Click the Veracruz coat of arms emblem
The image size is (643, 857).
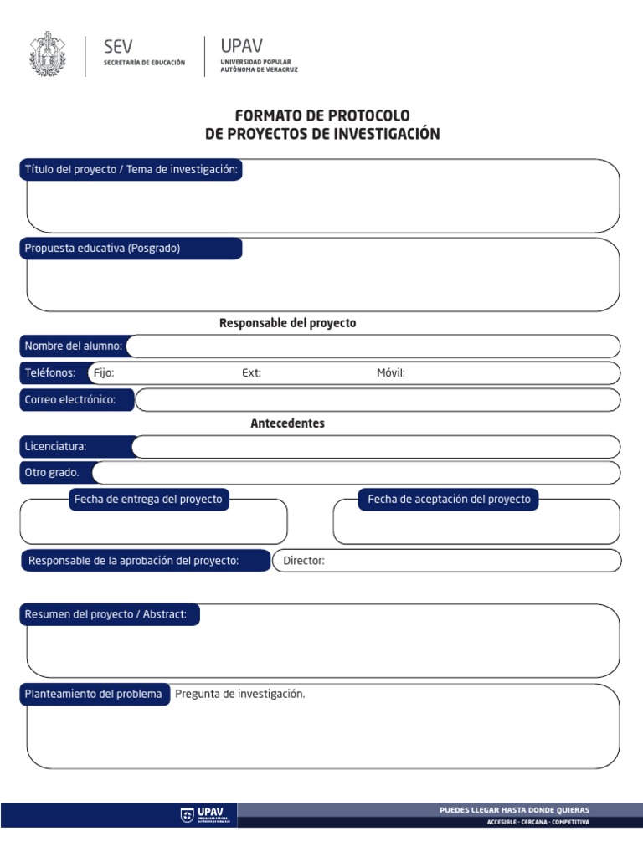coord(46,54)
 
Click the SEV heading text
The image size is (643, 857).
coord(117,47)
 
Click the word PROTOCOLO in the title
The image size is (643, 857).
coord(364,115)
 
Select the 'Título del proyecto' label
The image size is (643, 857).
coord(131,170)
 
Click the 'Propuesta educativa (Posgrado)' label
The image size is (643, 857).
coord(103,249)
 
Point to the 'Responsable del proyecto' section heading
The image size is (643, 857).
coord(287,323)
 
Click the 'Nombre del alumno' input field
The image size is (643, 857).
coord(373,346)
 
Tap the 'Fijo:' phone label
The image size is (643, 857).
coord(105,373)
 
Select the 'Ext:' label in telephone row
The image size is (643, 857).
coord(251,373)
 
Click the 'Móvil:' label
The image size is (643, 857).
coord(391,373)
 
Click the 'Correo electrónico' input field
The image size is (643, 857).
coord(377,400)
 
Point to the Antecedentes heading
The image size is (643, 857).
coord(287,423)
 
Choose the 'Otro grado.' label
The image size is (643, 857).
coord(52,473)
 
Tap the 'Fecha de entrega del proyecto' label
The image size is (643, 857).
coord(148,500)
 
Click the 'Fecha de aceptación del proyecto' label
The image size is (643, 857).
coord(449,500)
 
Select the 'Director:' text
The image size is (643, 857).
coord(304,561)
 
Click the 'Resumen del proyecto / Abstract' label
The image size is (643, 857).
coord(111,615)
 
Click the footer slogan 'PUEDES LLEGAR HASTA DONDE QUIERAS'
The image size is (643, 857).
coord(514,810)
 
